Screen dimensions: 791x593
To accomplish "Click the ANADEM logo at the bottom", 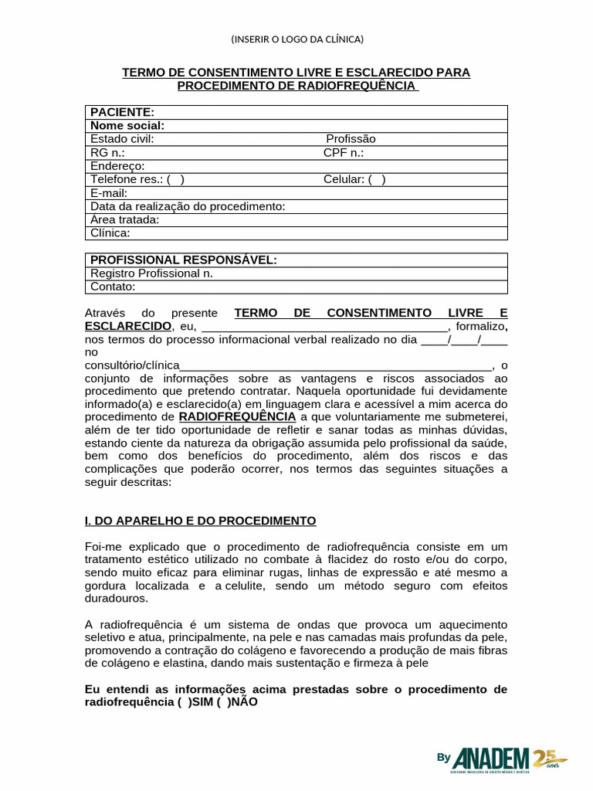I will coord(502,759).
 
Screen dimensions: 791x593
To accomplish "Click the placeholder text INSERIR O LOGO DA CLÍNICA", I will coord(296,39).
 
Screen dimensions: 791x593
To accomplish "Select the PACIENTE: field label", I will coord(122,113).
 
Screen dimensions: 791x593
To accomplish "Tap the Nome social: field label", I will coord(127,126).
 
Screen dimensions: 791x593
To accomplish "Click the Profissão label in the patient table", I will coord(351,139).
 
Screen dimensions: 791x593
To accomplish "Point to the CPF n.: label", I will coord(343,152).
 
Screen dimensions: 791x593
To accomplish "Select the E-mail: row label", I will coord(109,193).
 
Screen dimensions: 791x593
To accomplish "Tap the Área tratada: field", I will coord(124,219).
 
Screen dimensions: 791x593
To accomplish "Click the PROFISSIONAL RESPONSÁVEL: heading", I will coord(183,260).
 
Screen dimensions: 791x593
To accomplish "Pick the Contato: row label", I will coord(113,287).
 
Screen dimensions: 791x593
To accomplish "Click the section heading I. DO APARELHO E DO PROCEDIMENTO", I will coord(200,521).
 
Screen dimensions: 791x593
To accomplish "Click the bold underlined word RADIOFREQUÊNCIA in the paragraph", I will coord(237,417).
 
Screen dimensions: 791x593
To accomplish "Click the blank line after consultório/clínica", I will coord(335,365).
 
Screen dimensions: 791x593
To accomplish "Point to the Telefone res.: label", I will coord(127,179).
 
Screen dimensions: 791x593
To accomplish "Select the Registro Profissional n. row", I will coord(151,273).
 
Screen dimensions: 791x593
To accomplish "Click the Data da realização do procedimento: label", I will coord(188,206).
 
